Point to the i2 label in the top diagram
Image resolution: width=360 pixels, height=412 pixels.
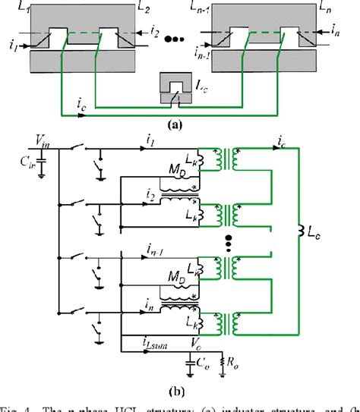coord(154,33)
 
